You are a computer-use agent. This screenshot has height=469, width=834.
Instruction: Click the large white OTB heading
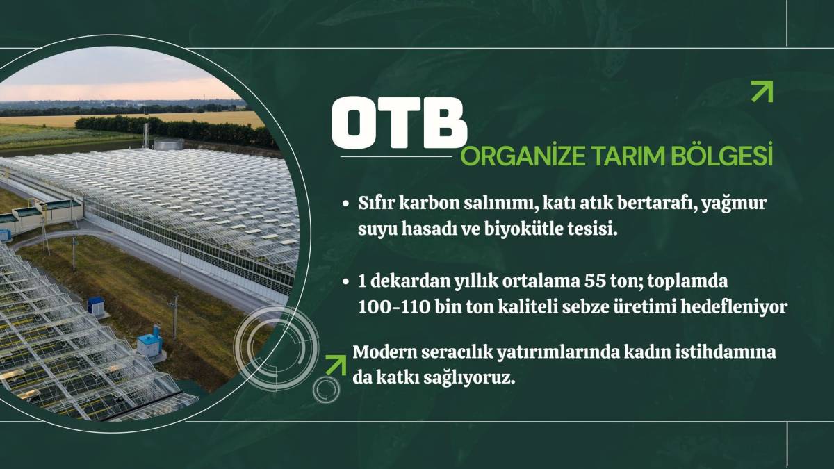399,123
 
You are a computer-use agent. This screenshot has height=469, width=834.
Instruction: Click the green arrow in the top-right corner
762,91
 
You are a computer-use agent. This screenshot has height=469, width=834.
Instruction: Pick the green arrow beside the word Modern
336,365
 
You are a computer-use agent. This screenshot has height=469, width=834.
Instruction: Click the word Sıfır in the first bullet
376,203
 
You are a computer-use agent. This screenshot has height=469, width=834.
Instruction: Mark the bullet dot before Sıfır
346,204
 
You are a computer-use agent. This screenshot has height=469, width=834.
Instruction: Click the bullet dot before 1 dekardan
346,282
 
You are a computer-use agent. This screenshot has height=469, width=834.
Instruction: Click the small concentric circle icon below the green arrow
326,390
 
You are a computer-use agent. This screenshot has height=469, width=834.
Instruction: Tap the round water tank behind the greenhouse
169,145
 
